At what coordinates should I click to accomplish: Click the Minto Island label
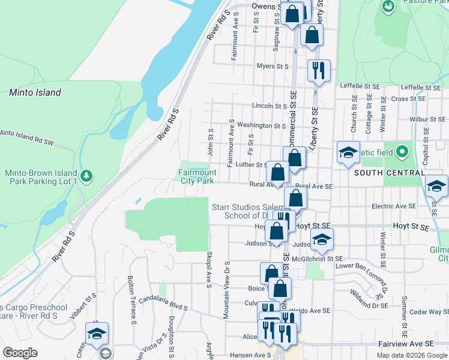35,92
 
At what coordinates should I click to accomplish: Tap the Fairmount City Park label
196,176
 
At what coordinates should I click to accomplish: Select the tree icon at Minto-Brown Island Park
87,176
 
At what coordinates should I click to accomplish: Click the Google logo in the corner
19,353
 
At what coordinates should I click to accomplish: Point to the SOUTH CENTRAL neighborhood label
389,173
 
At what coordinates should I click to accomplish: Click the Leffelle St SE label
360,86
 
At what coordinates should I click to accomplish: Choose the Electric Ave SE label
394,206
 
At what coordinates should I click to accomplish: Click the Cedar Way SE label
430,312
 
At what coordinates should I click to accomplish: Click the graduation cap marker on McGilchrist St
322,239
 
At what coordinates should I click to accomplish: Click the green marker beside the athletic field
402,151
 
